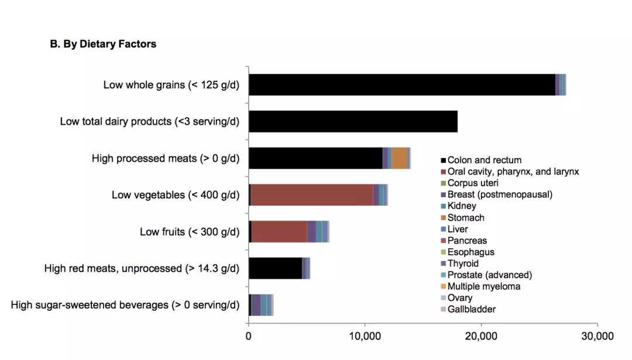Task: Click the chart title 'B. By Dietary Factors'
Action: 103,44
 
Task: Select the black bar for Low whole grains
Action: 401,85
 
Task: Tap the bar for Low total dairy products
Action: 353,122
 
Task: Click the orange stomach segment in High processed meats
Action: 399,158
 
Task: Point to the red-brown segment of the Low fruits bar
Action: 279,232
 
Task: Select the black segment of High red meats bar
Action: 275,268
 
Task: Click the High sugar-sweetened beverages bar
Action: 261,305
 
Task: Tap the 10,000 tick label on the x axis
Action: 365,336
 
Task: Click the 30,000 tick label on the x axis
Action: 597,336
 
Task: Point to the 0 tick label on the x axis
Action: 249,336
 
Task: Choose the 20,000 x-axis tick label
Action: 481,336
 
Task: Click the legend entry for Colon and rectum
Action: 484,160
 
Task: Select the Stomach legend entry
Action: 466,218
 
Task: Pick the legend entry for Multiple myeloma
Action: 483,287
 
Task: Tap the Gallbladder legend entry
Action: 472,310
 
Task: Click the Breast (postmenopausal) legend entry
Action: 500,194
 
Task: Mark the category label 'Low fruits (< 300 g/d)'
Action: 190,232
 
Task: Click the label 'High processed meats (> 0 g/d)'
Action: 166,159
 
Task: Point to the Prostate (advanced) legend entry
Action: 489,275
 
